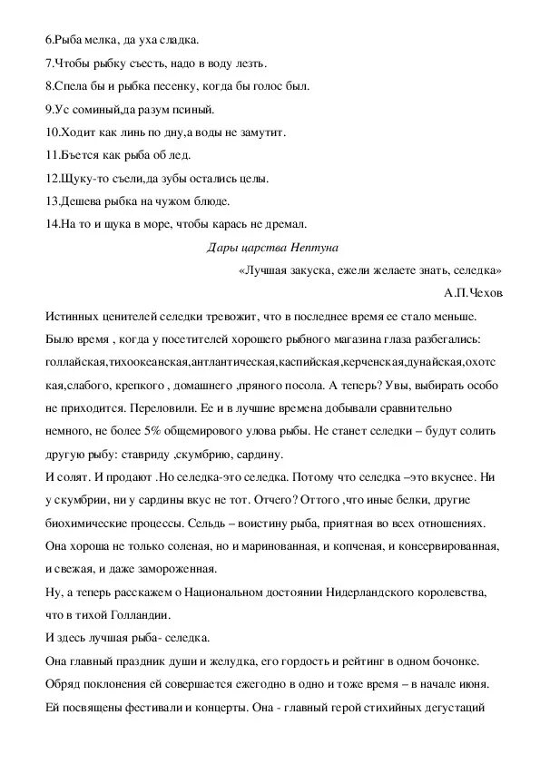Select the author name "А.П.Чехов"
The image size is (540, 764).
coord(474,292)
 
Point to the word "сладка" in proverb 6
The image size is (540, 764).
coord(177,41)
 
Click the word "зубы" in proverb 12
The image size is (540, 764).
coord(181,178)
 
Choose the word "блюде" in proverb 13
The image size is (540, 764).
coord(209,201)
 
